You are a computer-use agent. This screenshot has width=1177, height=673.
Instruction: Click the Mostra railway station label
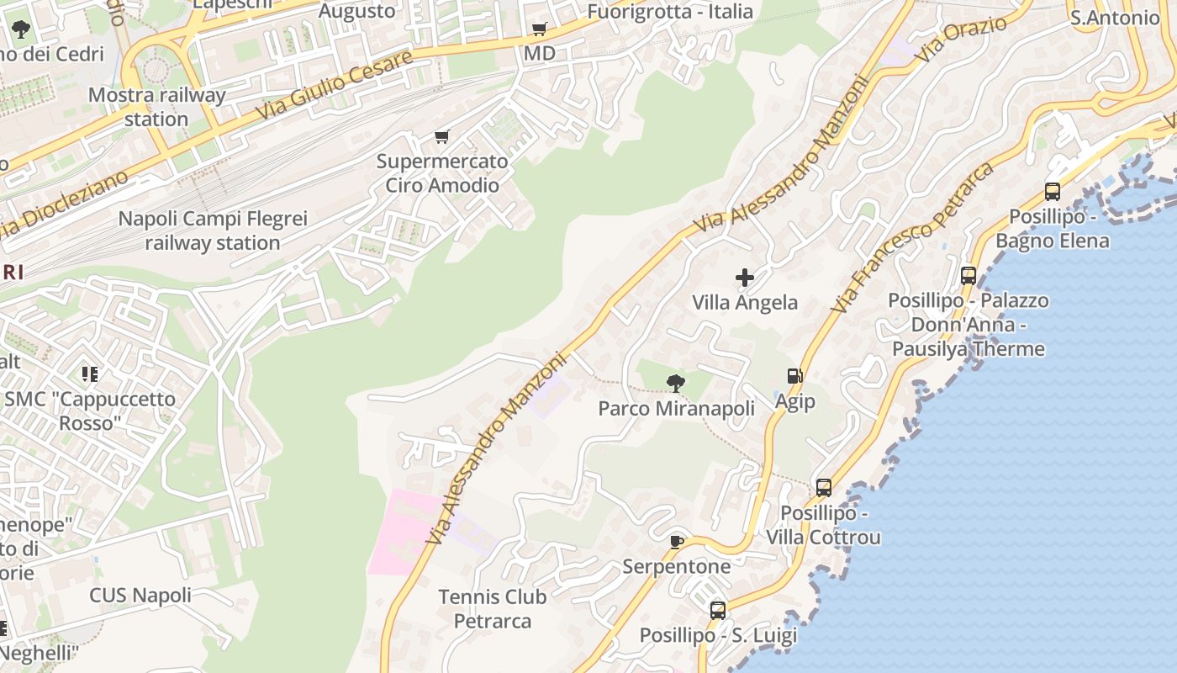pos(156,107)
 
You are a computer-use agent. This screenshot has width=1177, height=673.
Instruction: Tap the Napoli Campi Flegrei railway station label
pos(213,231)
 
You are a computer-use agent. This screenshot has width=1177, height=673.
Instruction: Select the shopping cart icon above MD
pos(540,29)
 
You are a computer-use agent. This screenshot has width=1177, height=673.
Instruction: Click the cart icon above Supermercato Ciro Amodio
pos(442,136)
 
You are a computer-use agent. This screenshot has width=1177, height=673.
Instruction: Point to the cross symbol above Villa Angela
pos(745,278)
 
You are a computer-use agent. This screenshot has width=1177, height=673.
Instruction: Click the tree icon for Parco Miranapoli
pos(675,384)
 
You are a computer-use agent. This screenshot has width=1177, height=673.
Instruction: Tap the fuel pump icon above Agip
pos(794,376)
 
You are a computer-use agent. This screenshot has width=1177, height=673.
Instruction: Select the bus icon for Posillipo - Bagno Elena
pos(1053,191)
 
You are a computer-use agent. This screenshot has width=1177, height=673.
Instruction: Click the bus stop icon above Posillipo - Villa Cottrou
pos(824,487)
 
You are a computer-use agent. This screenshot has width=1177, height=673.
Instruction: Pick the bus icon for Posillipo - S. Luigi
pos(718,611)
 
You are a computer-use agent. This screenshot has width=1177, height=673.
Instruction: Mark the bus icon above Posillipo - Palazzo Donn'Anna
pos(969,275)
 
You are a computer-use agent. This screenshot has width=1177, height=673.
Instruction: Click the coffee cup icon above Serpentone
pos(677,542)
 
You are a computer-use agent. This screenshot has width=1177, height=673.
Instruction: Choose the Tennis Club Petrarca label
pos(493,609)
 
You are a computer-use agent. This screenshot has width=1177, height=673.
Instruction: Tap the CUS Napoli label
pos(140,596)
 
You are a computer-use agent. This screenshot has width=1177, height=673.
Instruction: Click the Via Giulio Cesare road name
pos(335,84)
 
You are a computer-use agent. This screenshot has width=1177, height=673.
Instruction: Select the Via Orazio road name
pos(963,39)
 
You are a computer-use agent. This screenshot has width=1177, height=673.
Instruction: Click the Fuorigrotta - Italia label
pos(670,11)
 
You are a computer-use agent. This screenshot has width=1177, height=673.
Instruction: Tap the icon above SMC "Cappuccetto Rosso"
pos(90,374)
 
